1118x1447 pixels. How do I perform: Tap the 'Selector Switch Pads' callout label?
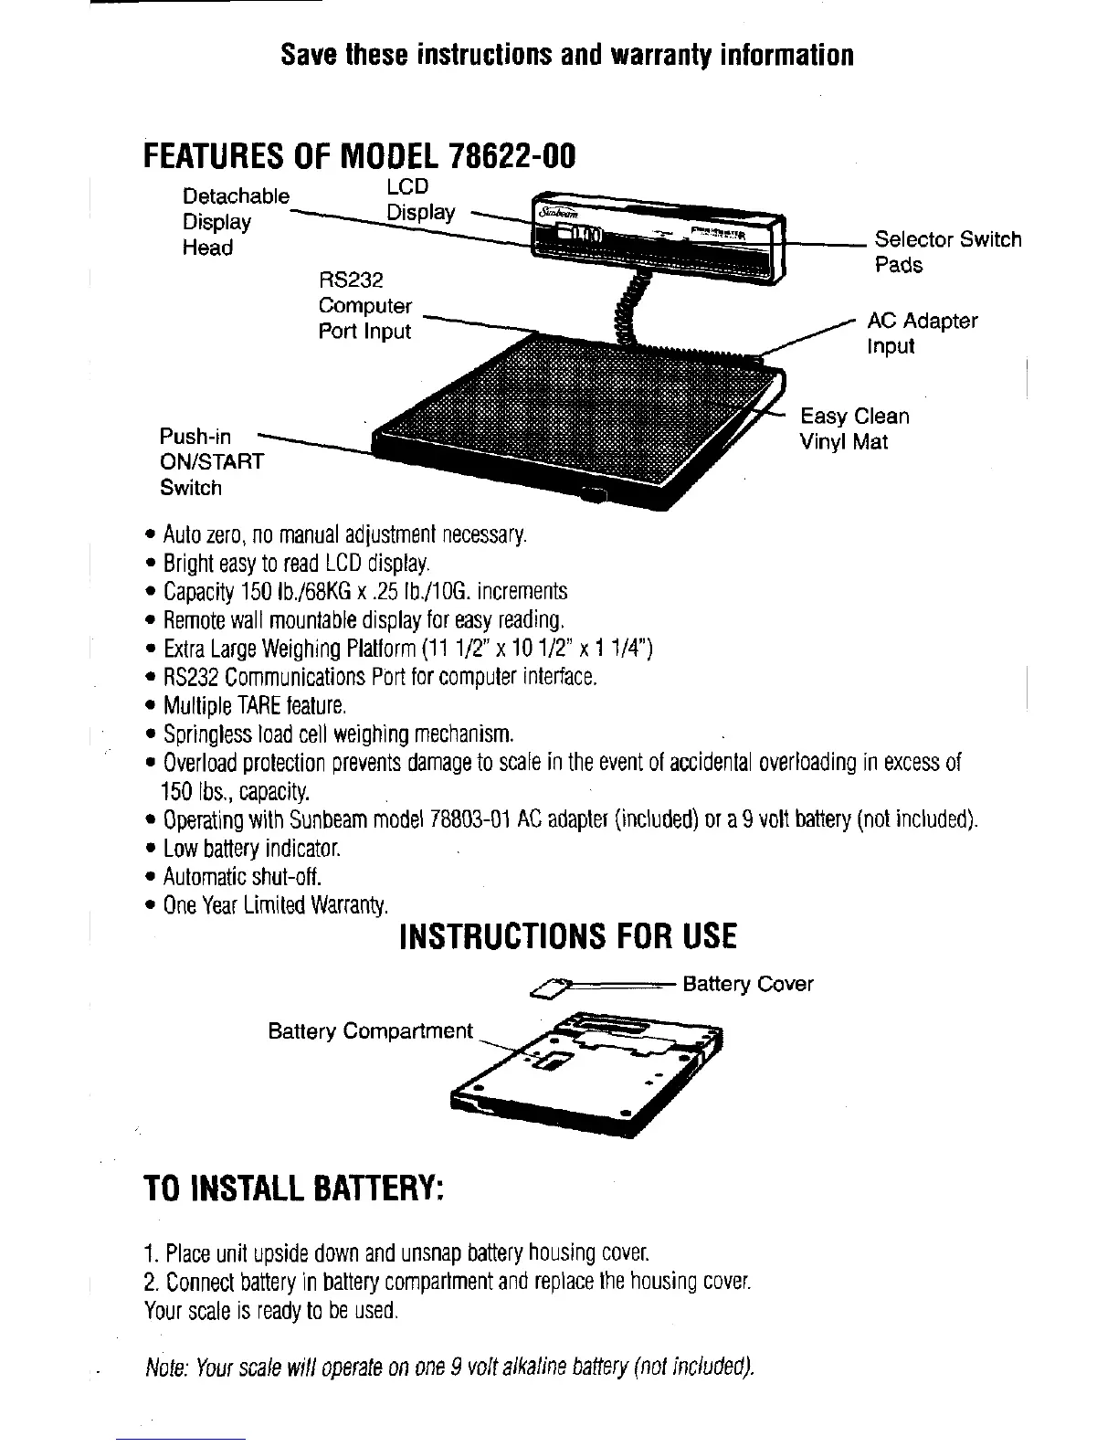[x=947, y=252]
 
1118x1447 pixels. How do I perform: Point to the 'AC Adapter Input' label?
[x=922, y=333]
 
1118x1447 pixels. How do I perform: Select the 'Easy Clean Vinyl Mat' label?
[x=854, y=429]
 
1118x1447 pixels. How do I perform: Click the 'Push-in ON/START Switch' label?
[x=211, y=462]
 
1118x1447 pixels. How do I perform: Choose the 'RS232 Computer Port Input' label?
[x=364, y=306]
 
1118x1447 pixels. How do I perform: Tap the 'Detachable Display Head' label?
[x=235, y=222]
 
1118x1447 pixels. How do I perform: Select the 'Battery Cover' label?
[x=747, y=984]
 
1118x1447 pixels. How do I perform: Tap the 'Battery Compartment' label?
[x=370, y=1031]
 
